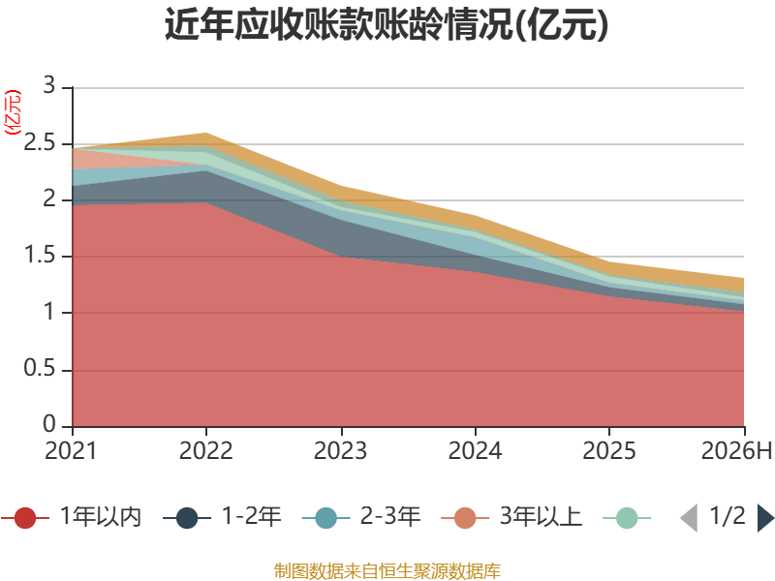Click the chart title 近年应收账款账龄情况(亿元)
387,23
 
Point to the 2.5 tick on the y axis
40,142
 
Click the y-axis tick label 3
49,85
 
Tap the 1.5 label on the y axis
40,256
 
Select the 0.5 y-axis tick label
40,368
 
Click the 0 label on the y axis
49,424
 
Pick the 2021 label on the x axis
71,450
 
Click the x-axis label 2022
205,450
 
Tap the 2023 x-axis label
341,450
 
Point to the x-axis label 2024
475,450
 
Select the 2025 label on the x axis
609,450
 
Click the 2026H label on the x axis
736,450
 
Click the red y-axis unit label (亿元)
13,112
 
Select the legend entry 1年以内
72,517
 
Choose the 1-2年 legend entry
222,517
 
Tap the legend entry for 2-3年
361,517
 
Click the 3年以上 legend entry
511,517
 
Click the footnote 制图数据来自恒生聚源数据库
387,571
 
